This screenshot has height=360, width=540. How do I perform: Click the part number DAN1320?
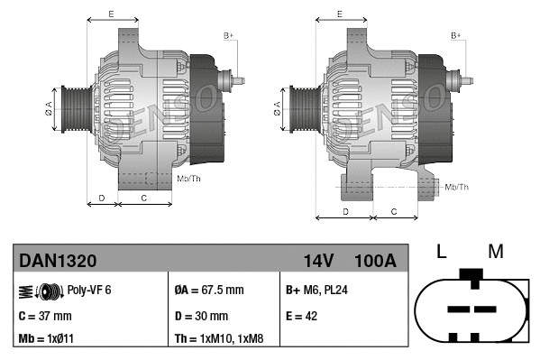coord(58,261)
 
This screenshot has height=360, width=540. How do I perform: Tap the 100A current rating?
coord(376,261)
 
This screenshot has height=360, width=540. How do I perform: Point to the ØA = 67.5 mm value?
coord(208,291)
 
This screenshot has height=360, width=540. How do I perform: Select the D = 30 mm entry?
coord(201,316)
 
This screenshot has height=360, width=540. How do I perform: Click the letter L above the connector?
coord(441,252)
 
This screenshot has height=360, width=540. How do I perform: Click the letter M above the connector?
coord(495,252)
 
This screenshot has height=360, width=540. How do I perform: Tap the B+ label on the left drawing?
coord(228,35)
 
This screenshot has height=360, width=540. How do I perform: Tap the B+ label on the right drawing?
coord(456,35)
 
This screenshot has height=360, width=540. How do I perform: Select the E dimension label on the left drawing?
coord(111,14)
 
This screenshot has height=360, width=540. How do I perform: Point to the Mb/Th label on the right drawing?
coord(457,187)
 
